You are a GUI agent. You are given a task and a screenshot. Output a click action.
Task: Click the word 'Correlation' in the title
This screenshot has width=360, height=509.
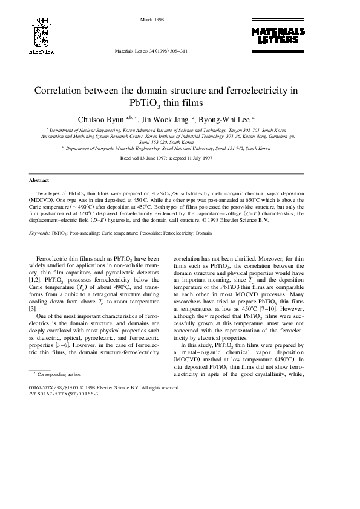click(x=59, y=91)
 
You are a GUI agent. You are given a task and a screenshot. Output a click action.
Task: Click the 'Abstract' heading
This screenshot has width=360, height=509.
click(x=39, y=180)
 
